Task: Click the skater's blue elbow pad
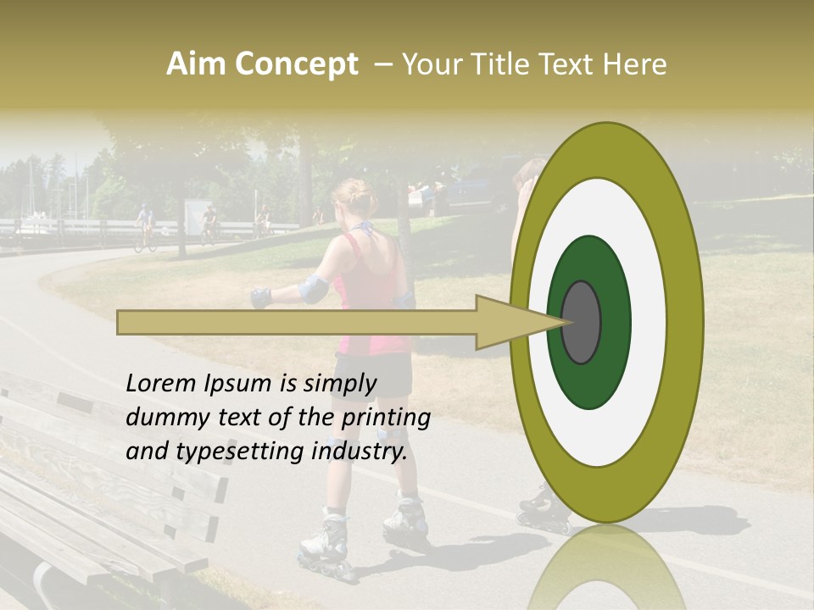tap(314, 289)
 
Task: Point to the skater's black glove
tap(260, 297)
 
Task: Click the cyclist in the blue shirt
tap(145, 222)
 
